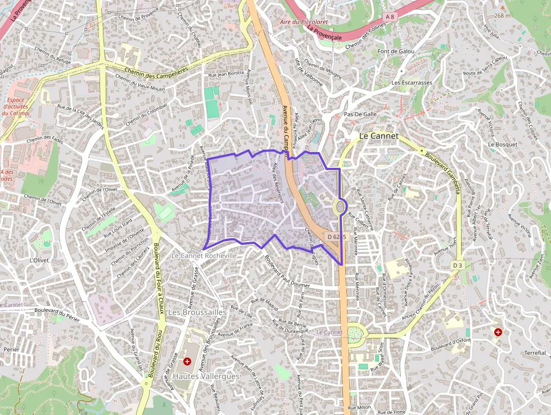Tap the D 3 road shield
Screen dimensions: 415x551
[x=458, y=265]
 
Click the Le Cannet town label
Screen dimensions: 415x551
[x=378, y=136]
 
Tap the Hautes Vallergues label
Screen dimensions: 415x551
[x=206, y=376]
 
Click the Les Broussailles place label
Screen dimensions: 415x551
[x=197, y=312]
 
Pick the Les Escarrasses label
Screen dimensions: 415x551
[x=412, y=83]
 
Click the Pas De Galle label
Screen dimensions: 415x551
[x=360, y=114]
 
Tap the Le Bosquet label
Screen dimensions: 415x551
[x=502, y=144]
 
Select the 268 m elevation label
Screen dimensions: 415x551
[x=502, y=16]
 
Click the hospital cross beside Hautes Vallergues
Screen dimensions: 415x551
[x=187, y=361]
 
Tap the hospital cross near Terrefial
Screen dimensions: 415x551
[x=498, y=332]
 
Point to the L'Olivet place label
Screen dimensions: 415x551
[x=39, y=261]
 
